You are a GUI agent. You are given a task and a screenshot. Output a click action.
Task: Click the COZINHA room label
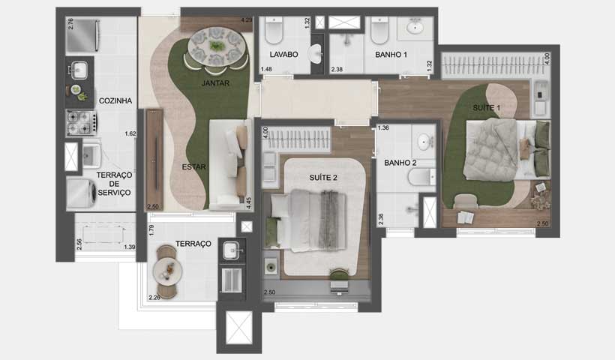(115, 100)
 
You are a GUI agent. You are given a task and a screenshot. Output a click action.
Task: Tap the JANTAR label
(215, 83)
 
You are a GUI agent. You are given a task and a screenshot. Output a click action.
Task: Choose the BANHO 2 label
(400, 162)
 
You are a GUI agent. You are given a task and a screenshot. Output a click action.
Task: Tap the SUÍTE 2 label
(324, 177)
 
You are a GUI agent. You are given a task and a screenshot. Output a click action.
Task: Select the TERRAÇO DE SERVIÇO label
(114, 184)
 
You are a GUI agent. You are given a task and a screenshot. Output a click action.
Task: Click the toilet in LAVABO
(273, 31)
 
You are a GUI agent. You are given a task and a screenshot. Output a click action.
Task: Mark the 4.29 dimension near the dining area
(246, 19)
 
